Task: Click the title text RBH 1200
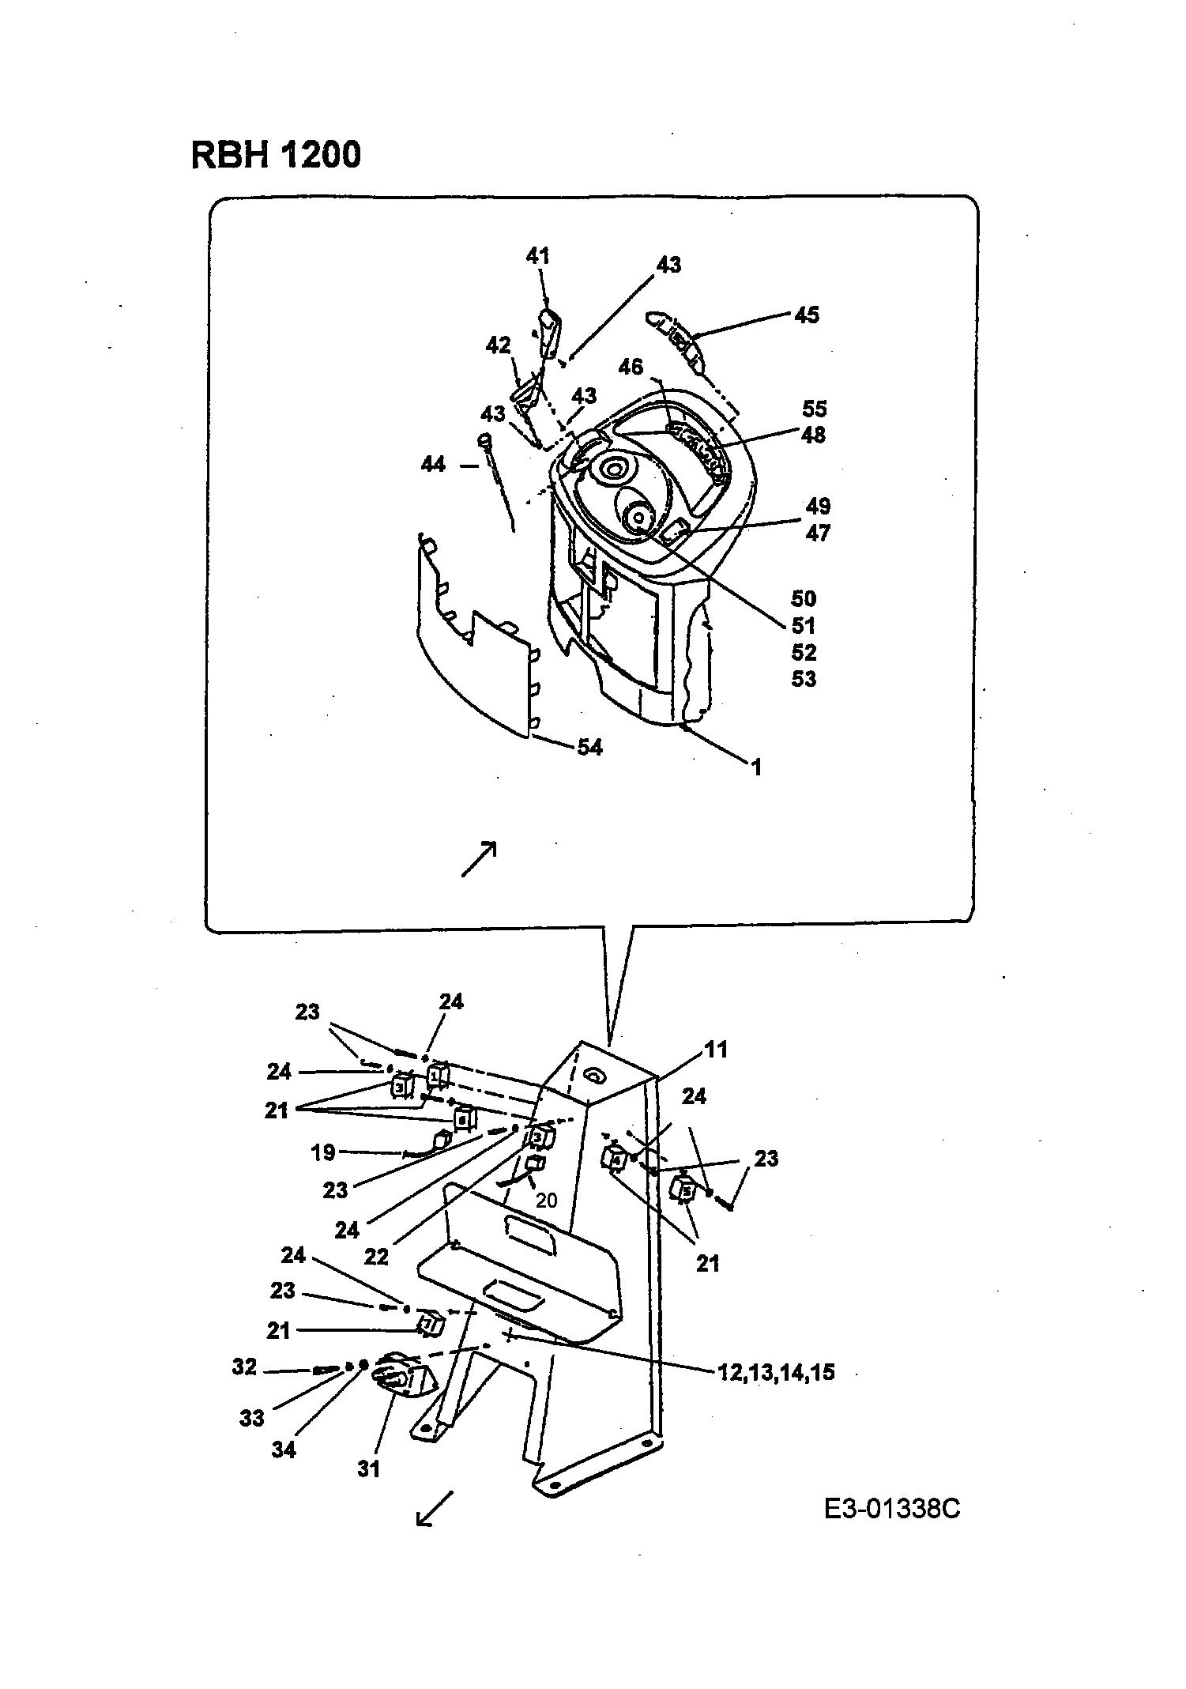click(x=276, y=154)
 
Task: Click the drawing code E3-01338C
click(x=892, y=1509)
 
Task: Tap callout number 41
click(x=538, y=256)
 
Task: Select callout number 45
click(x=807, y=315)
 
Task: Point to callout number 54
click(x=589, y=747)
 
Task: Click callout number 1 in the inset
click(x=756, y=767)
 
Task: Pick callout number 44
click(x=433, y=464)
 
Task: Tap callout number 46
click(x=631, y=367)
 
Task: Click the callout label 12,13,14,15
click(x=776, y=1373)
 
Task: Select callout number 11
click(x=716, y=1050)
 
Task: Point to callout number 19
click(x=323, y=1152)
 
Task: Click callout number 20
click(x=546, y=1201)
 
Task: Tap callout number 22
click(x=376, y=1256)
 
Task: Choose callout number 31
click(x=369, y=1469)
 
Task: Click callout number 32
click(x=245, y=1367)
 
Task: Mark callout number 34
click(x=284, y=1450)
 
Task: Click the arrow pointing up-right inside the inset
click(x=479, y=858)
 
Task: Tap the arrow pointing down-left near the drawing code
click(x=435, y=1509)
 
